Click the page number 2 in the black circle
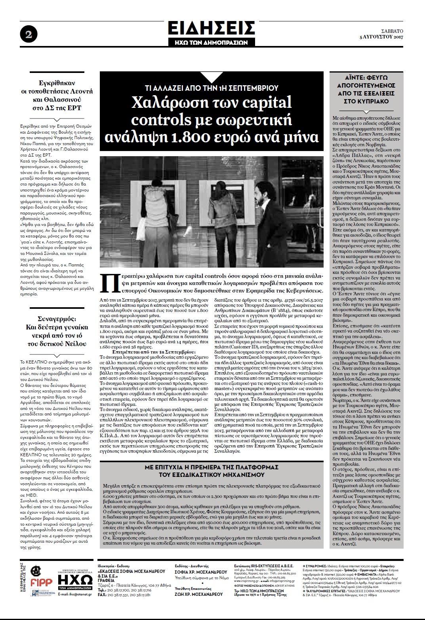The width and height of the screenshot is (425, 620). (x=29, y=34)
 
